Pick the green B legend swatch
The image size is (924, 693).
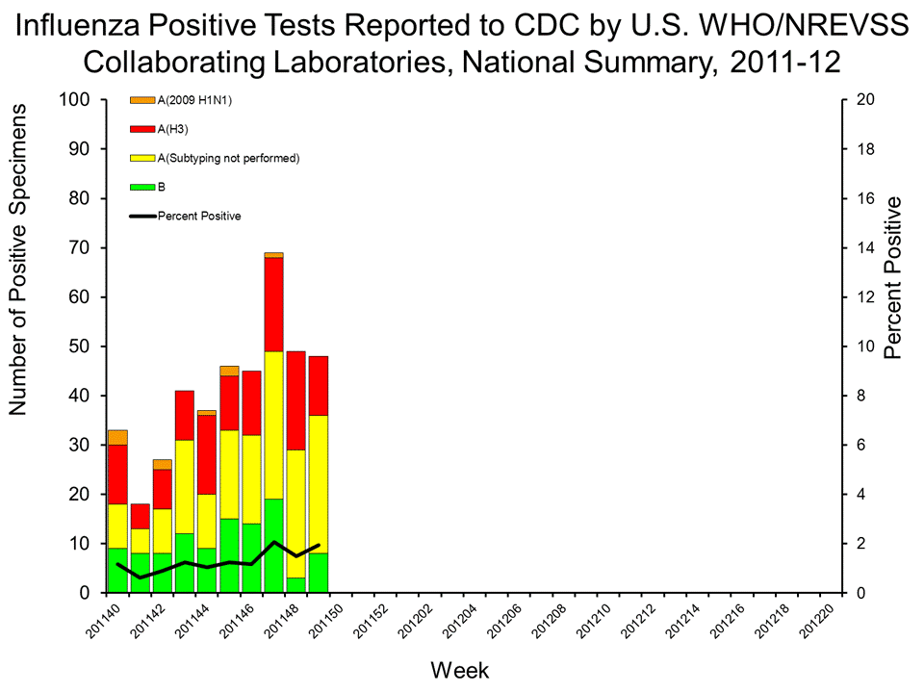(142, 187)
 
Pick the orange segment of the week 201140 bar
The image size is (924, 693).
(118, 437)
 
